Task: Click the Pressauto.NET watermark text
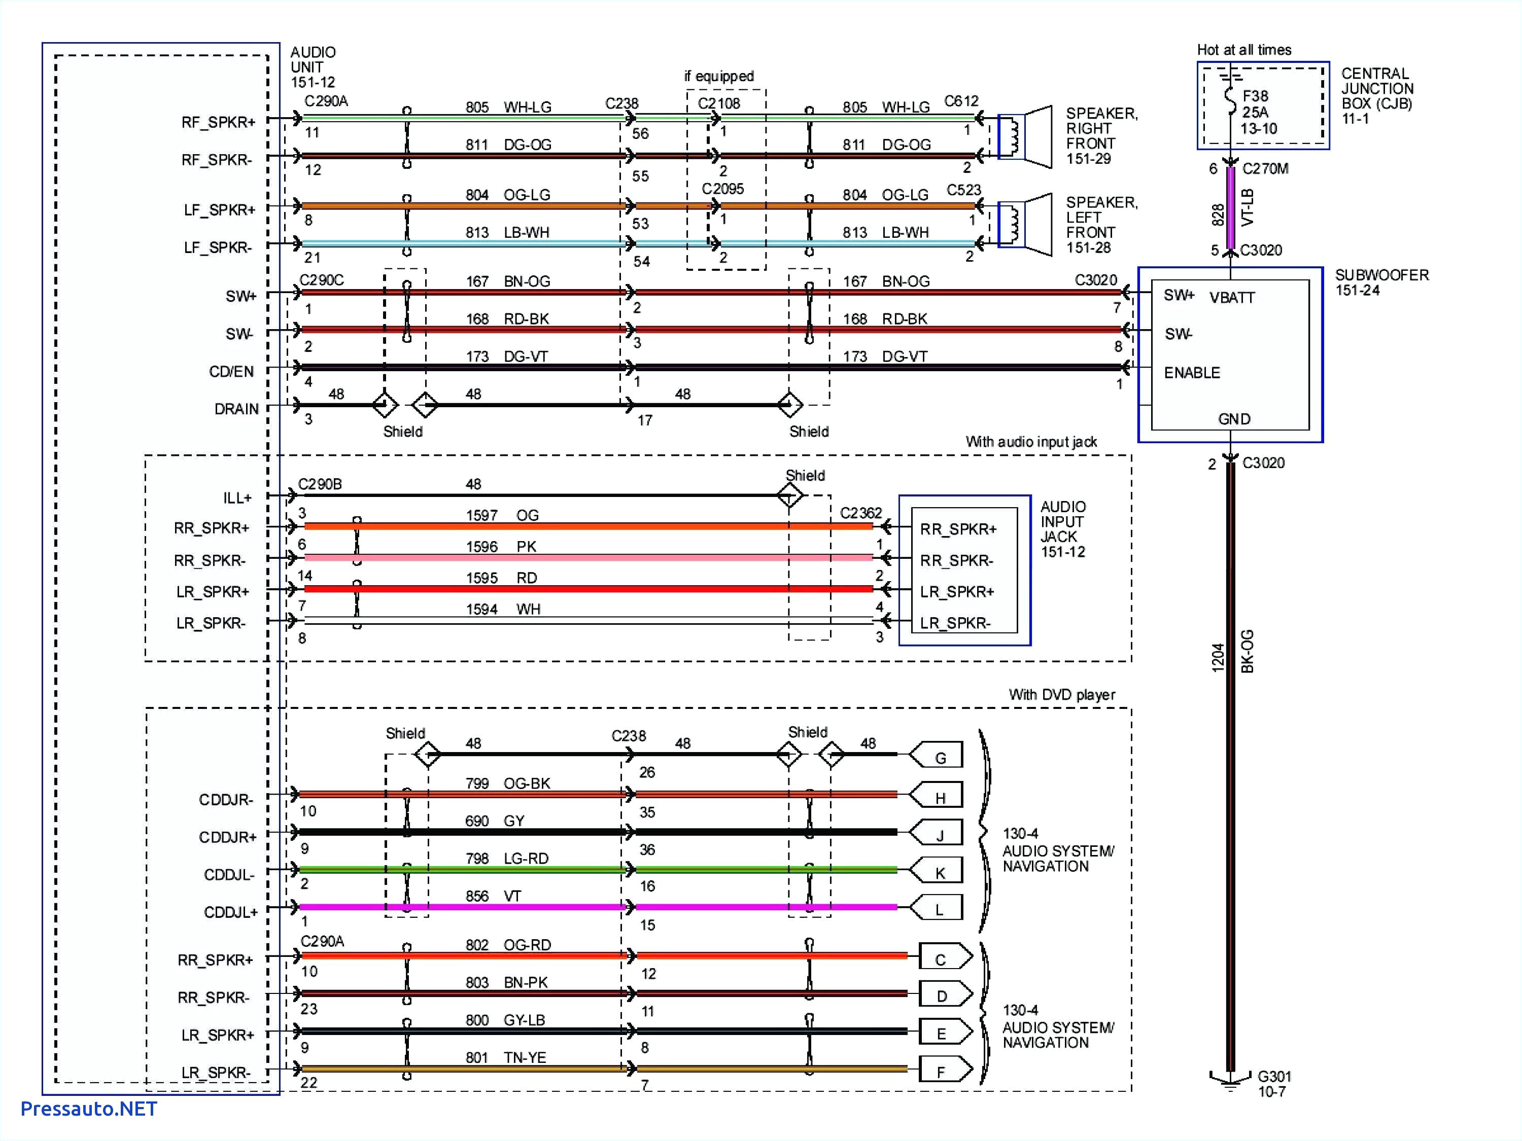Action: pos(89,1109)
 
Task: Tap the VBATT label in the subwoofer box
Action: pos(1232,298)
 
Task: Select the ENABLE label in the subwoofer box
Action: pos(1192,373)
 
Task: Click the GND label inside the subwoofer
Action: pos(1234,419)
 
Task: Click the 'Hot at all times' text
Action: pos(1243,50)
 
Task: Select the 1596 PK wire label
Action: pos(501,547)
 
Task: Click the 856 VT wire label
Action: pos(493,896)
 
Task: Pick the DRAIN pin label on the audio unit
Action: pos(236,409)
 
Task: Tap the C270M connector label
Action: pos(1265,168)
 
